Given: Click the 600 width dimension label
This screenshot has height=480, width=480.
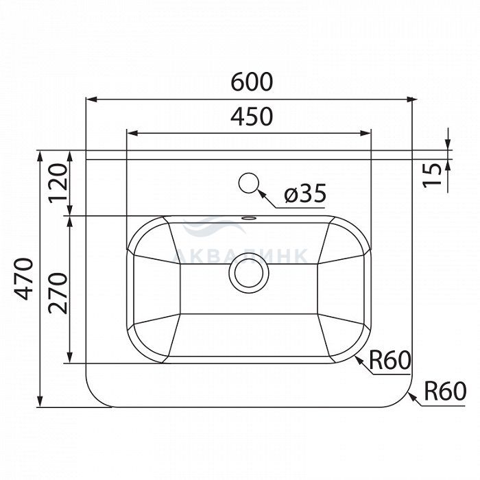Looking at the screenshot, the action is pyautogui.click(x=252, y=82).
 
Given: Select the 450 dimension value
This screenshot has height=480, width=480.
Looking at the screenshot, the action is pyautogui.click(x=252, y=117).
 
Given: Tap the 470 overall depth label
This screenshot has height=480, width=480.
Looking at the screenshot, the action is pyautogui.click(x=24, y=279).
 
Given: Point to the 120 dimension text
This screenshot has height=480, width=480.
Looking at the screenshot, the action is pyautogui.click(x=58, y=183).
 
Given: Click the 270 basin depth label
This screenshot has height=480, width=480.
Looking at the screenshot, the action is pyautogui.click(x=58, y=293).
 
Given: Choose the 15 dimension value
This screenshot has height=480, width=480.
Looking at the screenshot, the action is pyautogui.click(x=432, y=175).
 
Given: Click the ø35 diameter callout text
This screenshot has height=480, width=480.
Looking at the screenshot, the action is pyautogui.click(x=305, y=193).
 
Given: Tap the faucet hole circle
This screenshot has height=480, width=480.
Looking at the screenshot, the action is pyautogui.click(x=249, y=183).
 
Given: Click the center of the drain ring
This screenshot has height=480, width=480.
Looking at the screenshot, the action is pyautogui.click(x=249, y=273).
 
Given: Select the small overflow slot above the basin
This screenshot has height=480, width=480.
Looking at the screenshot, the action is pyautogui.click(x=249, y=218).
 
